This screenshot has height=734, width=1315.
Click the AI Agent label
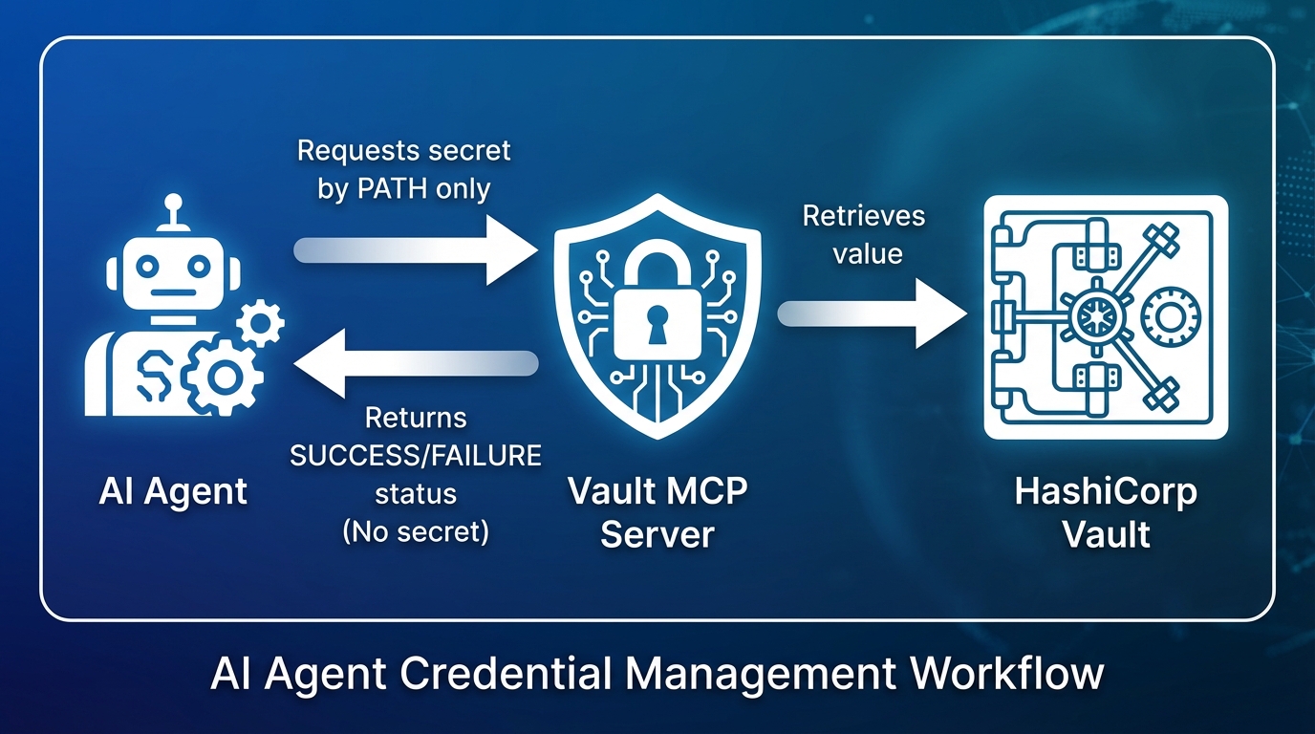click(x=173, y=491)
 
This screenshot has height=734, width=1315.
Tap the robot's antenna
click(x=173, y=208)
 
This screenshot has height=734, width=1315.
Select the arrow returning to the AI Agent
click(x=415, y=363)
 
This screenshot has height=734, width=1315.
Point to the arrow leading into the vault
click(x=873, y=313)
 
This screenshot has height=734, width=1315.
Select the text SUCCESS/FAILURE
click(x=416, y=456)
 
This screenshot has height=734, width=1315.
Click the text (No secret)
click(x=416, y=531)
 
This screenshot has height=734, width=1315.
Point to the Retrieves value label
click(x=864, y=234)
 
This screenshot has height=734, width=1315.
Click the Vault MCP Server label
click(x=657, y=512)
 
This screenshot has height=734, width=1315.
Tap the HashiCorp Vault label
click(x=1106, y=512)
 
